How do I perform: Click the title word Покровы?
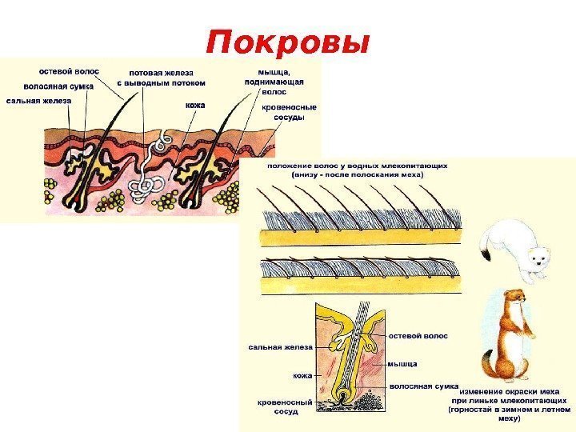287,42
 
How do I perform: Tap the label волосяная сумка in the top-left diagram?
58,86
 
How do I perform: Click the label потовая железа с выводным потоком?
161,77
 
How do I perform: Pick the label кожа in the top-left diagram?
195,104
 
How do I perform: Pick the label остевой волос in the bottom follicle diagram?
418,337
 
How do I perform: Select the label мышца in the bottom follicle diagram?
402,363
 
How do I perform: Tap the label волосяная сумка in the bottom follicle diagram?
423,386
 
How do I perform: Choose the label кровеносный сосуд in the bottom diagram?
278,406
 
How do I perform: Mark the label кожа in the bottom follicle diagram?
302,374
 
